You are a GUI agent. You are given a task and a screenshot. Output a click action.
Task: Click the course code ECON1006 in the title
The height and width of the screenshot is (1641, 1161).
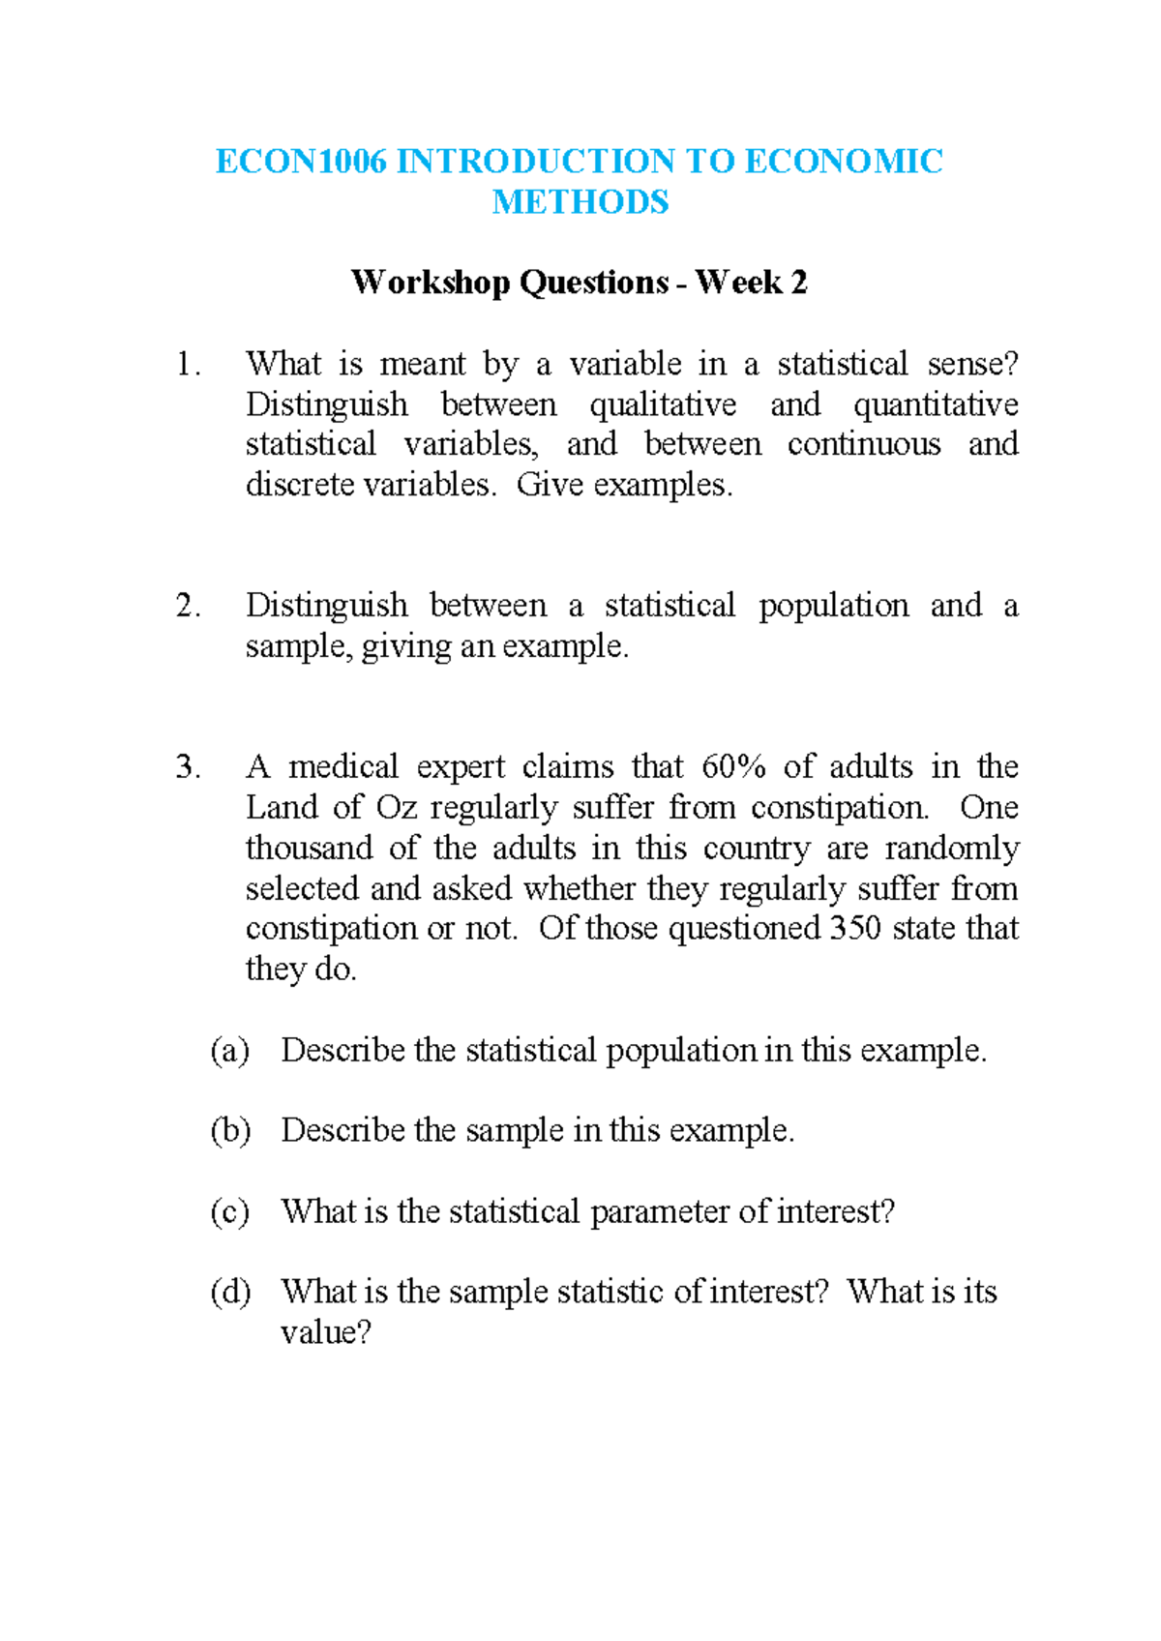click(x=301, y=161)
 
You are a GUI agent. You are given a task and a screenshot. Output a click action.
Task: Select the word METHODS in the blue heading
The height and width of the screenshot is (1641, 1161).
click(x=580, y=202)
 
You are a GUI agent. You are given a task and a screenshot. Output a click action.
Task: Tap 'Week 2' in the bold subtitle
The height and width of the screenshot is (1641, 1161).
click(x=751, y=283)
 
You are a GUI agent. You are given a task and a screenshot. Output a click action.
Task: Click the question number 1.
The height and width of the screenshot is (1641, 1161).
click(x=187, y=364)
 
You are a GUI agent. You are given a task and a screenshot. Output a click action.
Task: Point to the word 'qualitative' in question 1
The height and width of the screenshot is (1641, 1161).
click(x=663, y=404)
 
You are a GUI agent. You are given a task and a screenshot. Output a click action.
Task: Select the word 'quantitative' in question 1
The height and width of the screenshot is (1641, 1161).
click(x=935, y=404)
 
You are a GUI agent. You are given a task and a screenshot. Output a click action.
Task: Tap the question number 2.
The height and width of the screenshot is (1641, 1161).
click(x=187, y=606)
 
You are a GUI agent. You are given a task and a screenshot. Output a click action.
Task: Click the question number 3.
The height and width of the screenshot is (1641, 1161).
click(x=187, y=767)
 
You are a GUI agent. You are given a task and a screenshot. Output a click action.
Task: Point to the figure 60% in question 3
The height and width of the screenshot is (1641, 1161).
click(x=733, y=767)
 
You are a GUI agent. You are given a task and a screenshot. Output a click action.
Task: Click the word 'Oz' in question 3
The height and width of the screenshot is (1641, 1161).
click(x=396, y=808)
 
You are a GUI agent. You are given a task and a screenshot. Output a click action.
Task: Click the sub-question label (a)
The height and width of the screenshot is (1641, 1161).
click(x=230, y=1051)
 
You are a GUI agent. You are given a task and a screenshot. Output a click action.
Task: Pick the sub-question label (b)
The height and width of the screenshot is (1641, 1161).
click(x=230, y=1131)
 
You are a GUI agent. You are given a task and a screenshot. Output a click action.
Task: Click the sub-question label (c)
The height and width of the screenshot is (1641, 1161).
click(x=230, y=1212)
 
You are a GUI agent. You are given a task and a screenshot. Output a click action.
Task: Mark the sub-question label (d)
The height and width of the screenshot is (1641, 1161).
click(x=230, y=1293)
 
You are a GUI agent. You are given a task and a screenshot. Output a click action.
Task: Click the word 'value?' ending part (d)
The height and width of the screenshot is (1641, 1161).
click(x=326, y=1333)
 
